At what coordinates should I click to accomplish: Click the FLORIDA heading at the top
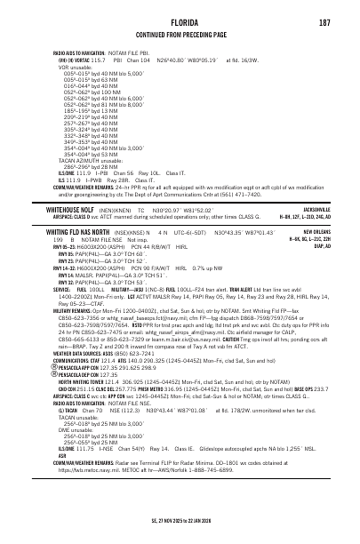click(180, 22)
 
